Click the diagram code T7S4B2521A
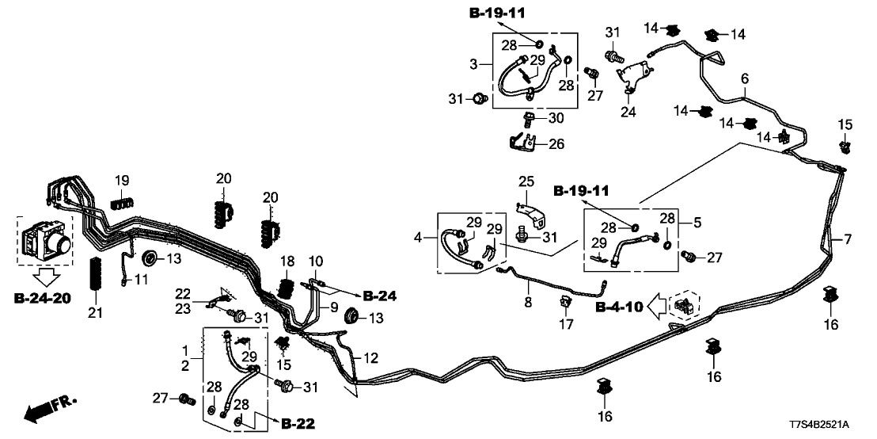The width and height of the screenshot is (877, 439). [x=830, y=426]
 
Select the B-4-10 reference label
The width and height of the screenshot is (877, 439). [x=619, y=306]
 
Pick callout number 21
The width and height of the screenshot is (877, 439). [x=96, y=314]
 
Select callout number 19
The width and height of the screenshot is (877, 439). [x=121, y=181]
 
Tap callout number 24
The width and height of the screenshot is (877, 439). [x=628, y=113]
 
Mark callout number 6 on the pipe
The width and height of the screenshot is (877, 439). [x=743, y=78]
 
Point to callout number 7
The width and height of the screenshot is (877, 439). [x=849, y=239]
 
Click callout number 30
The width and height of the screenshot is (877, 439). [x=556, y=118]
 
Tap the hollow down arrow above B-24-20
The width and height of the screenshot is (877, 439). [x=45, y=275]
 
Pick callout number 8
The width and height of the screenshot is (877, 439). [x=529, y=302]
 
